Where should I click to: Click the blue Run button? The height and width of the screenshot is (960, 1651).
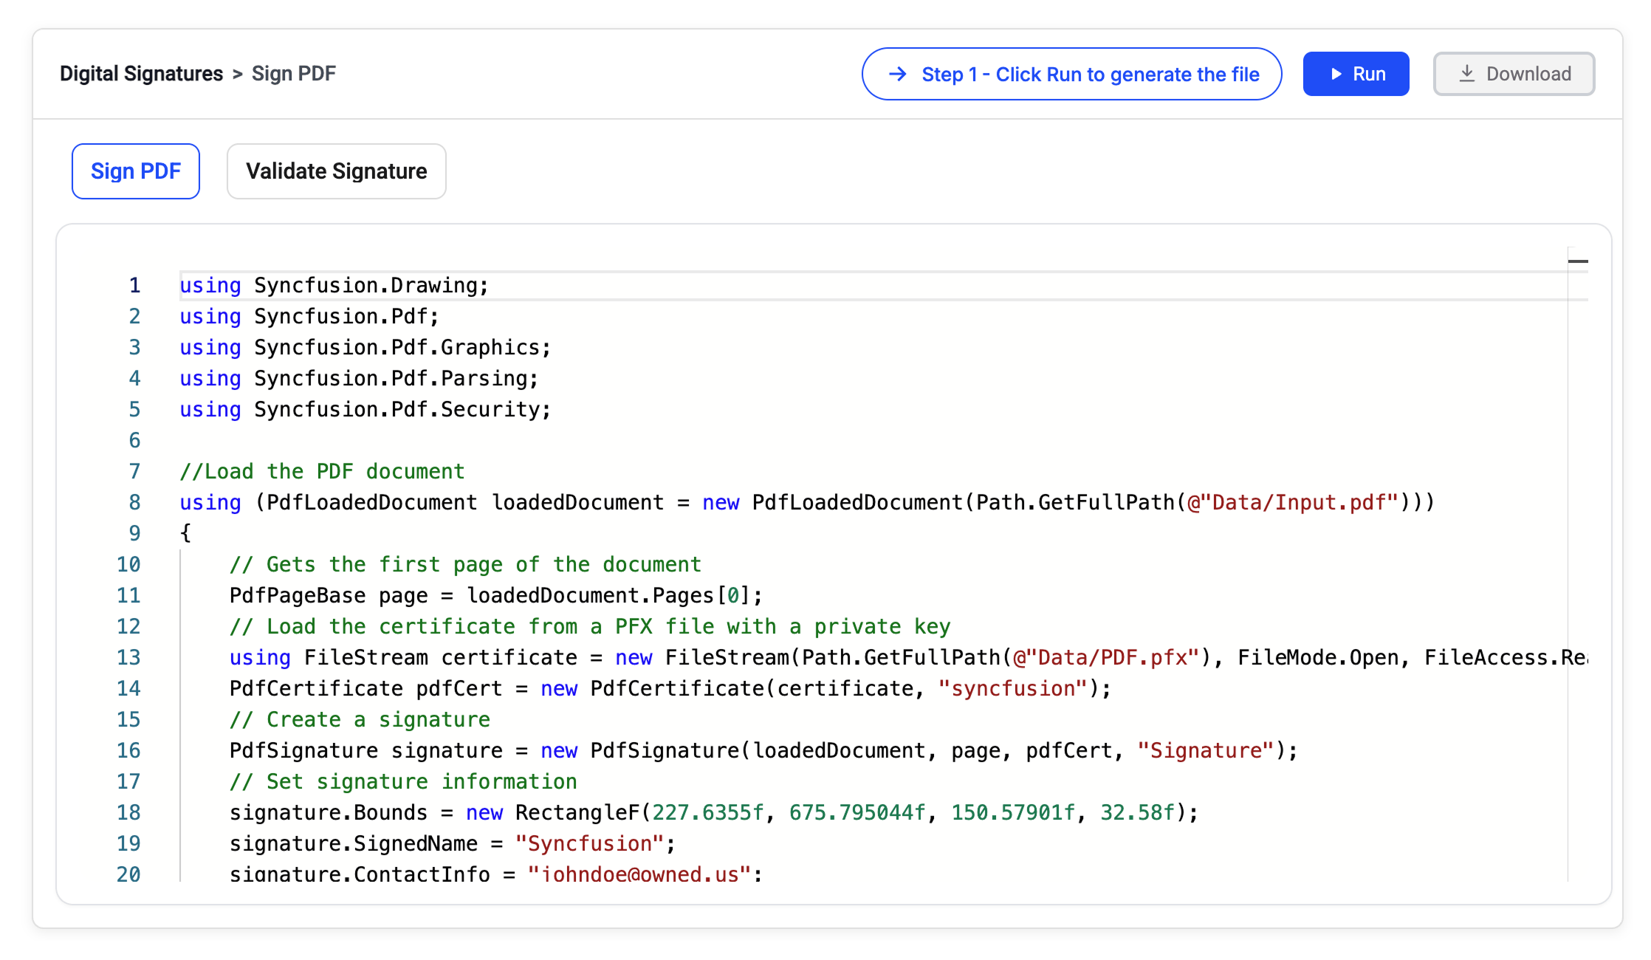(x=1356, y=74)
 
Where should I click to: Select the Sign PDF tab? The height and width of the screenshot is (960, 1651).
(x=136, y=171)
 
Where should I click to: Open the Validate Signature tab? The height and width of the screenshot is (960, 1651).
(x=337, y=171)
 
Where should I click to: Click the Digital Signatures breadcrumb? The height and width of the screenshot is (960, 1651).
(x=141, y=74)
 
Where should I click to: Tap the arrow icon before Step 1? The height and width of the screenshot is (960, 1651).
(x=898, y=74)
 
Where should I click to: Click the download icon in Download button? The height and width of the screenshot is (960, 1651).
(x=1467, y=74)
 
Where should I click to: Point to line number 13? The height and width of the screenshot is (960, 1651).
(x=128, y=657)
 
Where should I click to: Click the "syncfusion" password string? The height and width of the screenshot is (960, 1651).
(x=1013, y=688)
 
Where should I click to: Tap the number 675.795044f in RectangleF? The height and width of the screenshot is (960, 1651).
(x=857, y=812)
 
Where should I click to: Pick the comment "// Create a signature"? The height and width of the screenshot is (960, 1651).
(x=360, y=719)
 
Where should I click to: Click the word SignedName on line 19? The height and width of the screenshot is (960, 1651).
(x=416, y=843)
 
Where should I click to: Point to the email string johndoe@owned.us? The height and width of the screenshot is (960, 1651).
(x=640, y=874)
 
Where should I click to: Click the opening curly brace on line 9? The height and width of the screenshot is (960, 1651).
(x=185, y=533)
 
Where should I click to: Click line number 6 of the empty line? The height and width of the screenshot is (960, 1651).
(x=134, y=440)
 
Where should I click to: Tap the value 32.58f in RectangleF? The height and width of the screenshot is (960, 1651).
(x=1137, y=812)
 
